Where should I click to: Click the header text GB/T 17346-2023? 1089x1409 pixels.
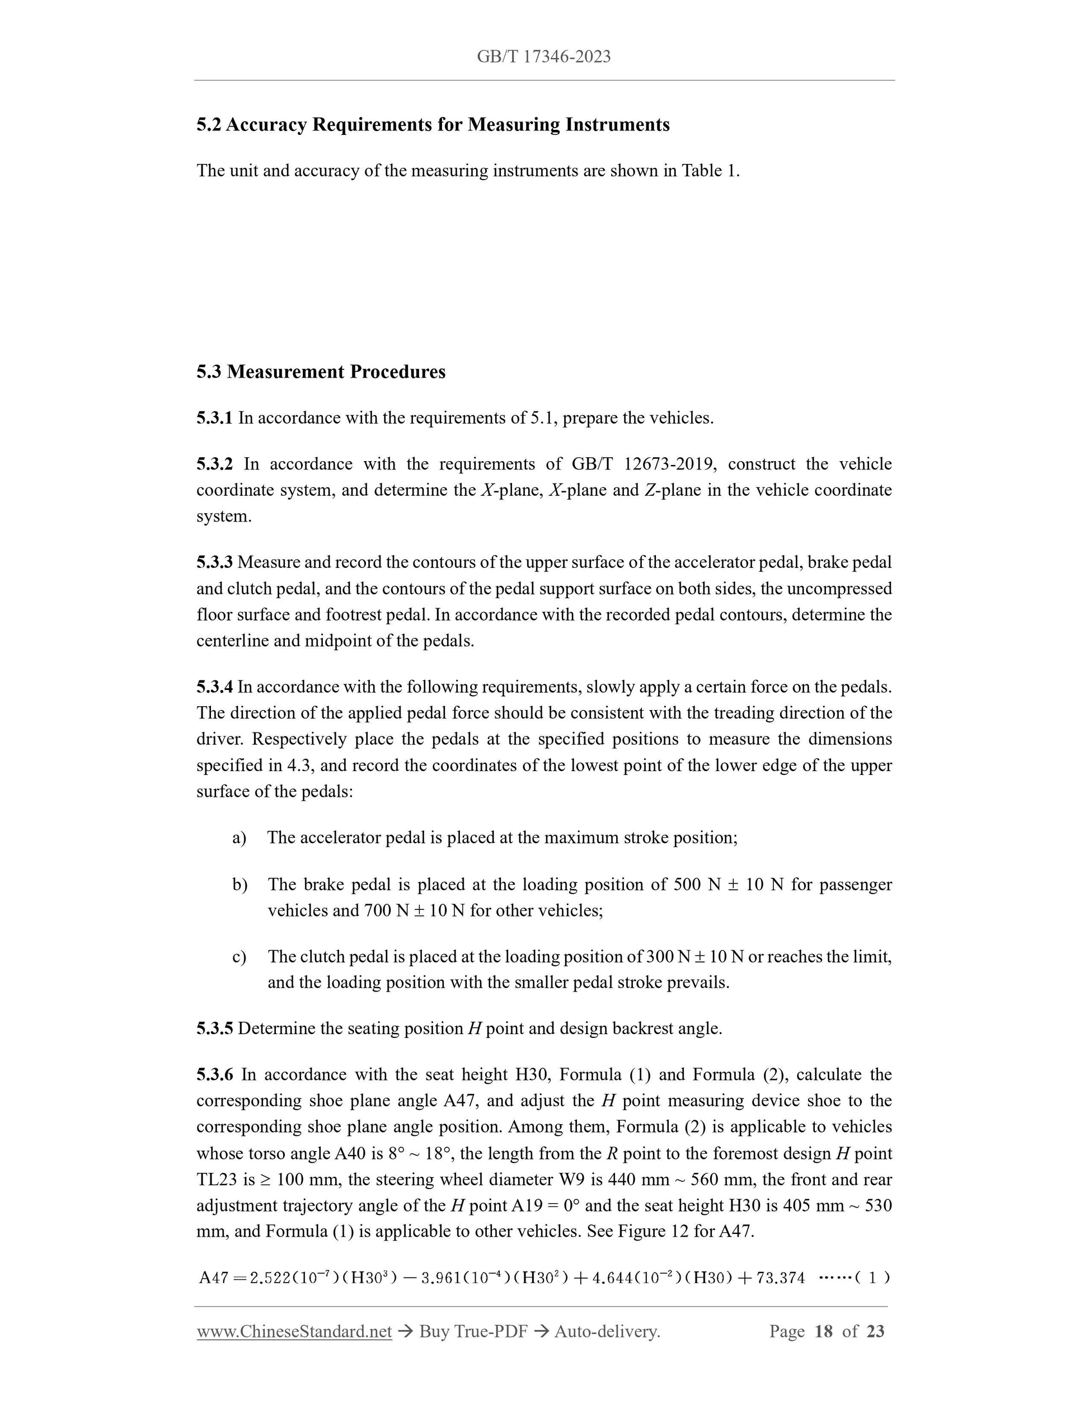click(543, 57)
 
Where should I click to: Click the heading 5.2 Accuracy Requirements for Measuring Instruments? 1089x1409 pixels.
click(433, 125)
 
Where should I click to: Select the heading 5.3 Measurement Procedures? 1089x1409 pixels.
click(321, 372)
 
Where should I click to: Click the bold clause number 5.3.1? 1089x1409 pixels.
click(214, 418)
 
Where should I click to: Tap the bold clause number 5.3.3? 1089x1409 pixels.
click(214, 562)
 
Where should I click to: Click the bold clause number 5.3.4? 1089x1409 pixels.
click(214, 687)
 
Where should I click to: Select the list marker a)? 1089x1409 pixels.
click(240, 838)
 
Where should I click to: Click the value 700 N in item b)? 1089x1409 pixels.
click(386, 910)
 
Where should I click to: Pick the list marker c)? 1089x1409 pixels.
click(240, 957)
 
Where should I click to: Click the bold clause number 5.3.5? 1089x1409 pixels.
click(214, 1028)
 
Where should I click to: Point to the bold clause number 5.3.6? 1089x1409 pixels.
click(214, 1075)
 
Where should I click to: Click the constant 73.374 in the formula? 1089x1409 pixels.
click(781, 1278)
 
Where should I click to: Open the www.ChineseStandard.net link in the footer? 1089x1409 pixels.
click(294, 1332)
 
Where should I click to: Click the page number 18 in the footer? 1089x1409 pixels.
click(824, 1332)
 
